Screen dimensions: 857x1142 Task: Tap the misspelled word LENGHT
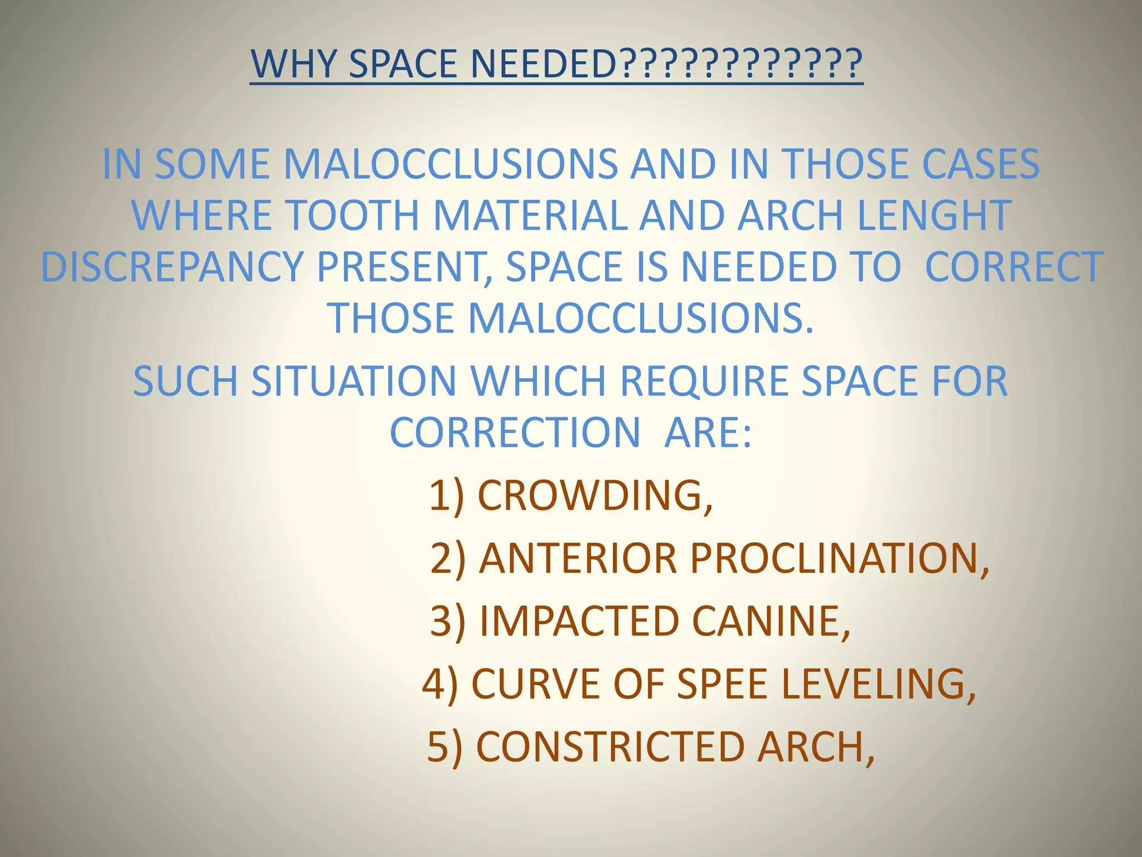coord(934,215)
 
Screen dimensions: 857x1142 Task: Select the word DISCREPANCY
coord(172,267)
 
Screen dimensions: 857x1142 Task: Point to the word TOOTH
coord(352,215)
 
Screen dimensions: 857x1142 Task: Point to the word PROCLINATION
coord(839,558)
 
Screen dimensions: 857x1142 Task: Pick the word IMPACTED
coord(579,621)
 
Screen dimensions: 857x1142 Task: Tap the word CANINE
coord(771,621)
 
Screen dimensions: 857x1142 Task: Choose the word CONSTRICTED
coord(611,747)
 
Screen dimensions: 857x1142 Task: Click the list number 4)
coord(440,684)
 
